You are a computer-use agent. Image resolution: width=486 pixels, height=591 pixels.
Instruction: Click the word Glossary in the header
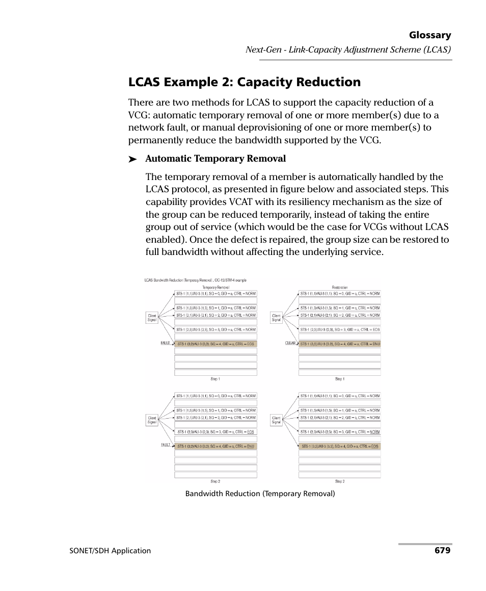tap(429, 35)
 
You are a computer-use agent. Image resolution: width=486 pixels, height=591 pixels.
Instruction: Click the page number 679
tap(442, 550)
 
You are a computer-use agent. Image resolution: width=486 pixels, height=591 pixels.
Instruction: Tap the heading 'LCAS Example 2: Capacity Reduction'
tap(244, 82)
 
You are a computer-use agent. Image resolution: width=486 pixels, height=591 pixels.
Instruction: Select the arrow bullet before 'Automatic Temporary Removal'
tap(133, 160)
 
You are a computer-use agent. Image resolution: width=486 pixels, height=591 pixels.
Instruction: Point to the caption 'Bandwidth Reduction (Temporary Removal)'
tap(260, 494)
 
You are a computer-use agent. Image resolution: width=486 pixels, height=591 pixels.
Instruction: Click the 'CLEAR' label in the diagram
tap(290, 343)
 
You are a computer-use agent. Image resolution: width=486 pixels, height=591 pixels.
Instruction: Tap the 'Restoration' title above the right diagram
tap(340, 288)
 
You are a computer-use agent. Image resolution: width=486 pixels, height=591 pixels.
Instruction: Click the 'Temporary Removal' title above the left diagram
tap(216, 288)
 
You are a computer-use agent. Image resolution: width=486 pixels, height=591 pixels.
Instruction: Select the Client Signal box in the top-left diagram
tap(152, 318)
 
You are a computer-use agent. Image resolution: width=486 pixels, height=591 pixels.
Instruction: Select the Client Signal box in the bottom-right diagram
tap(276, 420)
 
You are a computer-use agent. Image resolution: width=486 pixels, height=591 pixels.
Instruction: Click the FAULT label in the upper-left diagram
tap(166, 343)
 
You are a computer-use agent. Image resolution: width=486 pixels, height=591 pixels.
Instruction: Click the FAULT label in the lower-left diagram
tap(166, 445)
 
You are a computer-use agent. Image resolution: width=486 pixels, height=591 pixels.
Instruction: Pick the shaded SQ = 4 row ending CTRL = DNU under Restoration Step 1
tap(339, 344)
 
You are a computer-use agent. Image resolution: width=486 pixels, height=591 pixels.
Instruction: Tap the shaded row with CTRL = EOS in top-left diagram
tap(215, 344)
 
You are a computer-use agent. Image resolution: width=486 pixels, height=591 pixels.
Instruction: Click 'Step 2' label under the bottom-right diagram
tap(340, 481)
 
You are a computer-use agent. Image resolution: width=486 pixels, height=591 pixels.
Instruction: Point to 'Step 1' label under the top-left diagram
tap(215, 379)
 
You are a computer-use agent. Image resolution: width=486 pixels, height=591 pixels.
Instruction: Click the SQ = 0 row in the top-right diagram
tap(339, 294)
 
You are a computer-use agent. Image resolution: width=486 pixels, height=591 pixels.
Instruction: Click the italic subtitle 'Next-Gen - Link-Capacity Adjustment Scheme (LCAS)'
tap(348, 50)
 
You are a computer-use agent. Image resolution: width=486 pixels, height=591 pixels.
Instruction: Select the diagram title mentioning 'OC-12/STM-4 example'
tap(195, 280)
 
